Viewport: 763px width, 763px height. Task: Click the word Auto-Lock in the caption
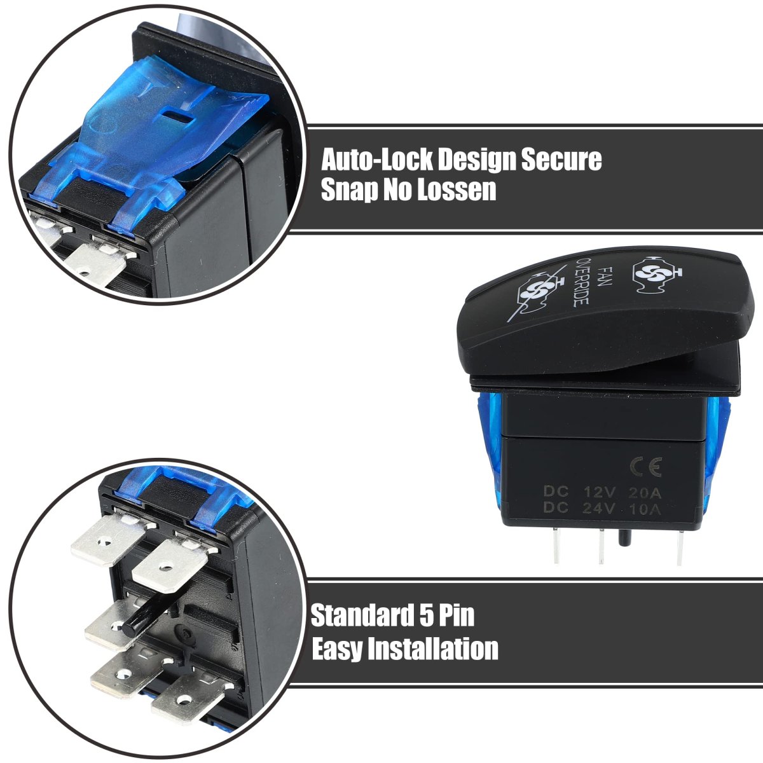coord(376,160)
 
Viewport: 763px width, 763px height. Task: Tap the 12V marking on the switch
coord(600,493)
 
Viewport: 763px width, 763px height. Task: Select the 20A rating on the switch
coord(645,493)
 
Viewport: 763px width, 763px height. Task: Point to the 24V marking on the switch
coord(598,508)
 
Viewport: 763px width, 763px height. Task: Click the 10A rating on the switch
coord(645,509)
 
